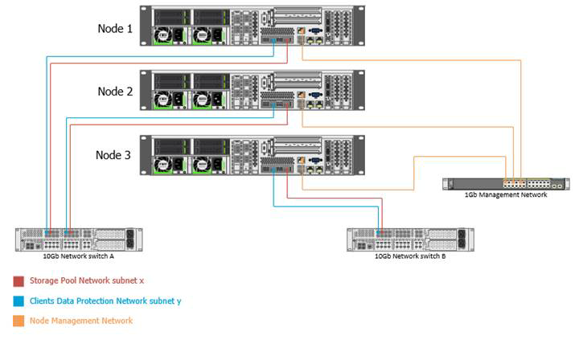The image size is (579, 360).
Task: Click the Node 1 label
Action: click(x=114, y=28)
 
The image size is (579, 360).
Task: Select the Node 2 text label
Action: click(x=114, y=91)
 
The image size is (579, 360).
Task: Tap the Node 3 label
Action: click(x=114, y=155)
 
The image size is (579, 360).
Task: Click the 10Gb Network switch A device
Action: click(x=79, y=239)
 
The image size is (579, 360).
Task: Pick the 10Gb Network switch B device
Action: click(x=410, y=239)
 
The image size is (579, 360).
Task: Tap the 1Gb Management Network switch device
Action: click(x=506, y=184)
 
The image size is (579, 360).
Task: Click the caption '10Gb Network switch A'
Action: click(x=79, y=256)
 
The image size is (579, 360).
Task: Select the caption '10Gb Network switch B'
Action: click(x=410, y=256)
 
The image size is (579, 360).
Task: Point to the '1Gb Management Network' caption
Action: click(x=506, y=194)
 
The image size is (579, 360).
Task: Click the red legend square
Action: click(x=18, y=281)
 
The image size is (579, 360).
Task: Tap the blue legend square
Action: click(x=18, y=301)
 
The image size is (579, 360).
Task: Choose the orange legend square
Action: click(x=18, y=321)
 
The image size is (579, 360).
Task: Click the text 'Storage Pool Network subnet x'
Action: click(x=87, y=281)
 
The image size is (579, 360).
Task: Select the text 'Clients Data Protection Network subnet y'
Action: click(x=105, y=301)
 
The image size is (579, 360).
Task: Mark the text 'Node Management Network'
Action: click(x=81, y=321)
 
